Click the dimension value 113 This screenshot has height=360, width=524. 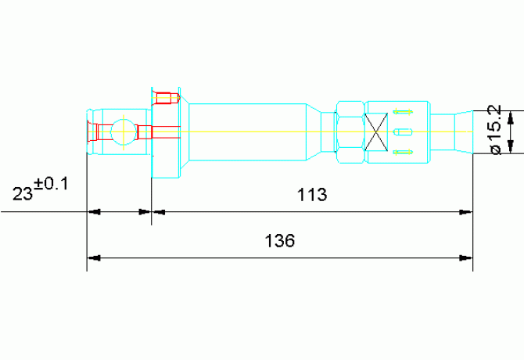[312, 195]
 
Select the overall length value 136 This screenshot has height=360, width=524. [280, 241]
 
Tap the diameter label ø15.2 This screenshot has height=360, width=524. [497, 130]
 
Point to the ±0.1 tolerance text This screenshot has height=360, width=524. [51, 184]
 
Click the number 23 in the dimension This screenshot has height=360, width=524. [23, 193]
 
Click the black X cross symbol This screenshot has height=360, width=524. [376, 132]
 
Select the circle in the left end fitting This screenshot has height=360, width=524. [124, 132]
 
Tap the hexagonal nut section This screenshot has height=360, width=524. [350, 132]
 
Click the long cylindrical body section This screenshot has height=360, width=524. [248, 132]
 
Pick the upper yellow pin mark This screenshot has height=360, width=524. [403, 112]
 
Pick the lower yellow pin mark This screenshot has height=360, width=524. [403, 153]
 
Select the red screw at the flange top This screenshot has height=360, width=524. [166, 99]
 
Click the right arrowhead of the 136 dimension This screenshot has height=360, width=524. [466, 258]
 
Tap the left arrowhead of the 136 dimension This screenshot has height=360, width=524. [94, 258]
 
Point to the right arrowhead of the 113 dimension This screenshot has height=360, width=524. [466, 211]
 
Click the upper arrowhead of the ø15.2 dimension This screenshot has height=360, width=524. [510, 117]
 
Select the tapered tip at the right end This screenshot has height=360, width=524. [464, 132]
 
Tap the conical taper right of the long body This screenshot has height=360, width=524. [314, 132]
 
